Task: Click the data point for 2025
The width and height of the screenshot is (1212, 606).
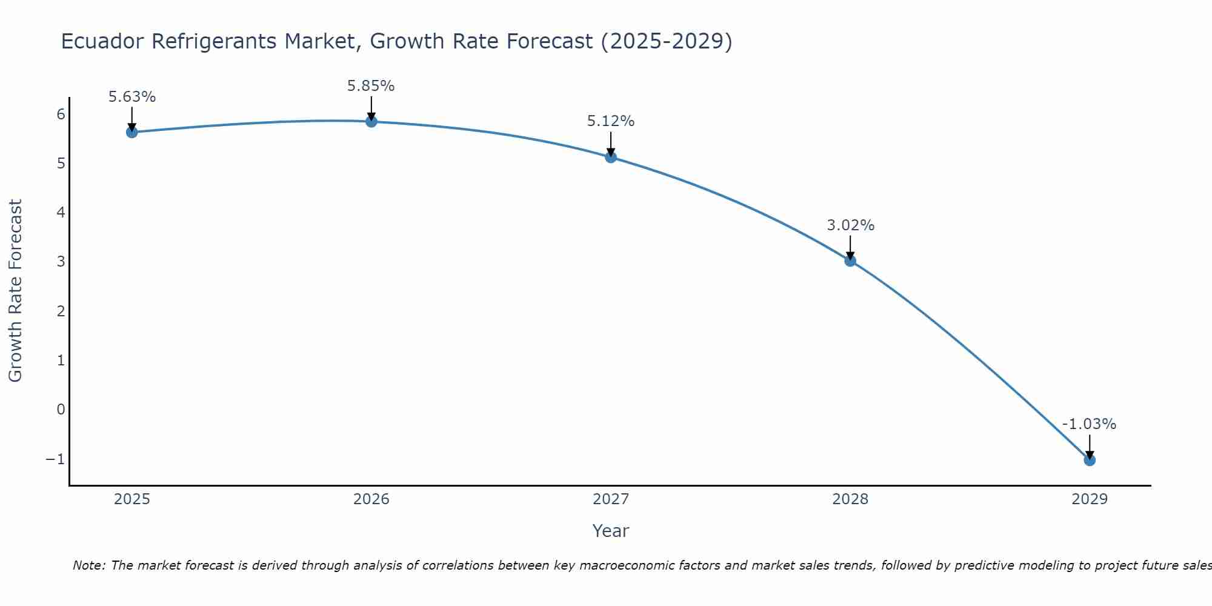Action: click(132, 132)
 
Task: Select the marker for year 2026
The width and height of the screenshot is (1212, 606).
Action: click(371, 122)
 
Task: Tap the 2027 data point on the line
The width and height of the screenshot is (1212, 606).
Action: click(611, 158)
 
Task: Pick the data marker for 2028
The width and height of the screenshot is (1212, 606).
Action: click(850, 261)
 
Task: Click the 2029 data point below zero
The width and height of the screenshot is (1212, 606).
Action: click(1090, 461)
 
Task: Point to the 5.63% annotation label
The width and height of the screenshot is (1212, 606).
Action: click(132, 97)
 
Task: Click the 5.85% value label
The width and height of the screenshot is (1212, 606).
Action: click(371, 86)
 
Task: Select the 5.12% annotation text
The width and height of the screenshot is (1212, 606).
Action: click(611, 121)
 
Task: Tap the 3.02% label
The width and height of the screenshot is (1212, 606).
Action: click(851, 225)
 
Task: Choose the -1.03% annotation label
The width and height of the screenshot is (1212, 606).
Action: click(1089, 424)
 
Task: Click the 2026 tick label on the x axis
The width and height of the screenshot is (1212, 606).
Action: click(371, 499)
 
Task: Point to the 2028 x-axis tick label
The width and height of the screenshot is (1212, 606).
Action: click(850, 499)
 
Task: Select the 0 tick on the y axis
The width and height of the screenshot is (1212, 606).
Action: click(61, 410)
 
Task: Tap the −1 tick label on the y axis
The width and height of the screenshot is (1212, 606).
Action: click(55, 459)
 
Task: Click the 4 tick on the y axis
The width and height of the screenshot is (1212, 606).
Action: click(61, 212)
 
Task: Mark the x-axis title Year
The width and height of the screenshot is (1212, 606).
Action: click(611, 531)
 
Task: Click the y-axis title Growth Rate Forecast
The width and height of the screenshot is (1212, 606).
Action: click(16, 291)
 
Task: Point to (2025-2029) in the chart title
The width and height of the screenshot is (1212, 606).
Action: click(666, 41)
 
